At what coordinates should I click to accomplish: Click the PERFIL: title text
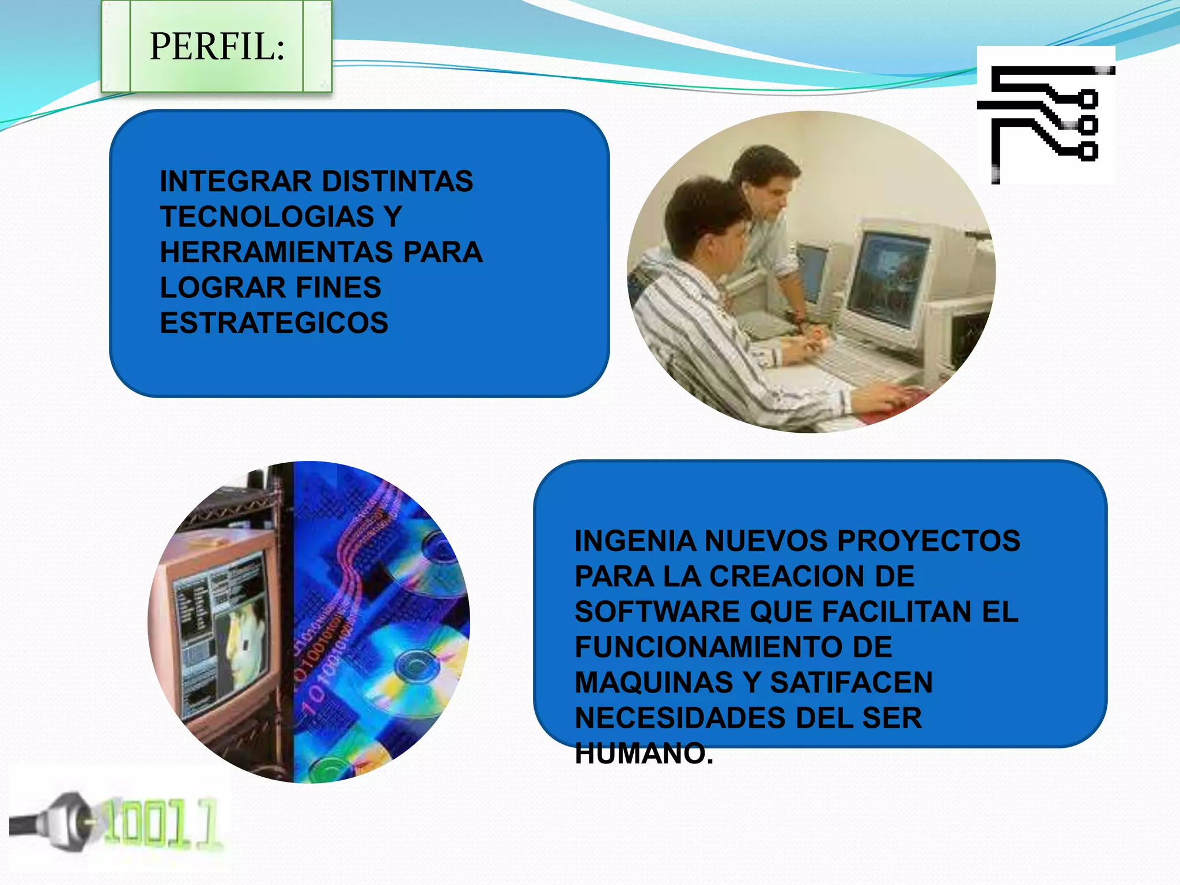(217, 46)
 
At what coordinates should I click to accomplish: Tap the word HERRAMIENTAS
(277, 252)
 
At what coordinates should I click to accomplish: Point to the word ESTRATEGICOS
(274, 323)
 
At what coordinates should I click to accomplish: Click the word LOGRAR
(223, 287)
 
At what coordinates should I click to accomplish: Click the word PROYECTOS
(928, 541)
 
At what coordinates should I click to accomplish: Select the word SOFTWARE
(657, 611)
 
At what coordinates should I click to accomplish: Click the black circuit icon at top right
(1046, 115)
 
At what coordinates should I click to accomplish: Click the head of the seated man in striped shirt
(706, 222)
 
